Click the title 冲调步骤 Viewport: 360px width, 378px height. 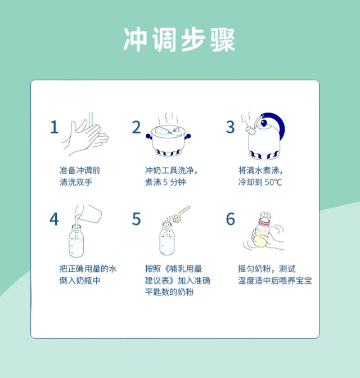(x=179, y=39)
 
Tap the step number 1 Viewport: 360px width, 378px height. (x=54, y=127)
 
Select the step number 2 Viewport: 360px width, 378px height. (x=136, y=127)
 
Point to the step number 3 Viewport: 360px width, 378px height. (x=230, y=127)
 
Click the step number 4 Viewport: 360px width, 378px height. (x=54, y=219)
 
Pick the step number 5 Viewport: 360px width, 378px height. (x=136, y=219)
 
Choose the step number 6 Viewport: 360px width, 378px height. (x=230, y=219)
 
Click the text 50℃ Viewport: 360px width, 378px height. (x=273, y=182)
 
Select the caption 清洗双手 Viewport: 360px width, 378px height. (x=76, y=182)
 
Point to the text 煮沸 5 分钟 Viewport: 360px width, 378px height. (x=165, y=182)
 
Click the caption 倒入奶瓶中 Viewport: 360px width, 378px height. (x=80, y=281)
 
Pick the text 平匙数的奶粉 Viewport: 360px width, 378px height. (x=169, y=292)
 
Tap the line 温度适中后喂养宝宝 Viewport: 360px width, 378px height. (x=275, y=281)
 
